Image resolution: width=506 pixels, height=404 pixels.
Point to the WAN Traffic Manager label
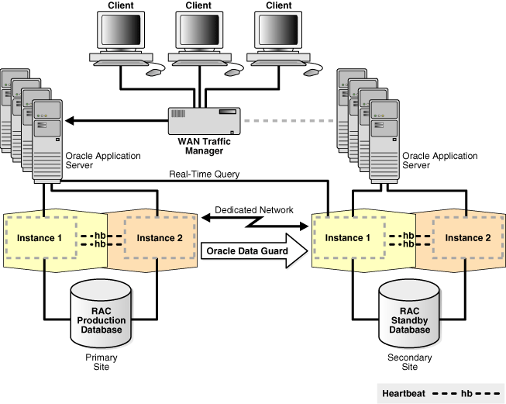200,145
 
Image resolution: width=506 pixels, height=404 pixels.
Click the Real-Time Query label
205,174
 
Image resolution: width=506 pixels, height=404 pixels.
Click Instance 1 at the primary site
40,237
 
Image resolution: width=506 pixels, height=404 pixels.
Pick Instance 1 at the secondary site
348,237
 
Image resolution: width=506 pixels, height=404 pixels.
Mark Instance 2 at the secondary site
466,237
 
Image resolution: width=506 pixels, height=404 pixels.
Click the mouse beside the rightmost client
312,71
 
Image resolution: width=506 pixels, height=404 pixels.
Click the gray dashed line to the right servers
290,120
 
